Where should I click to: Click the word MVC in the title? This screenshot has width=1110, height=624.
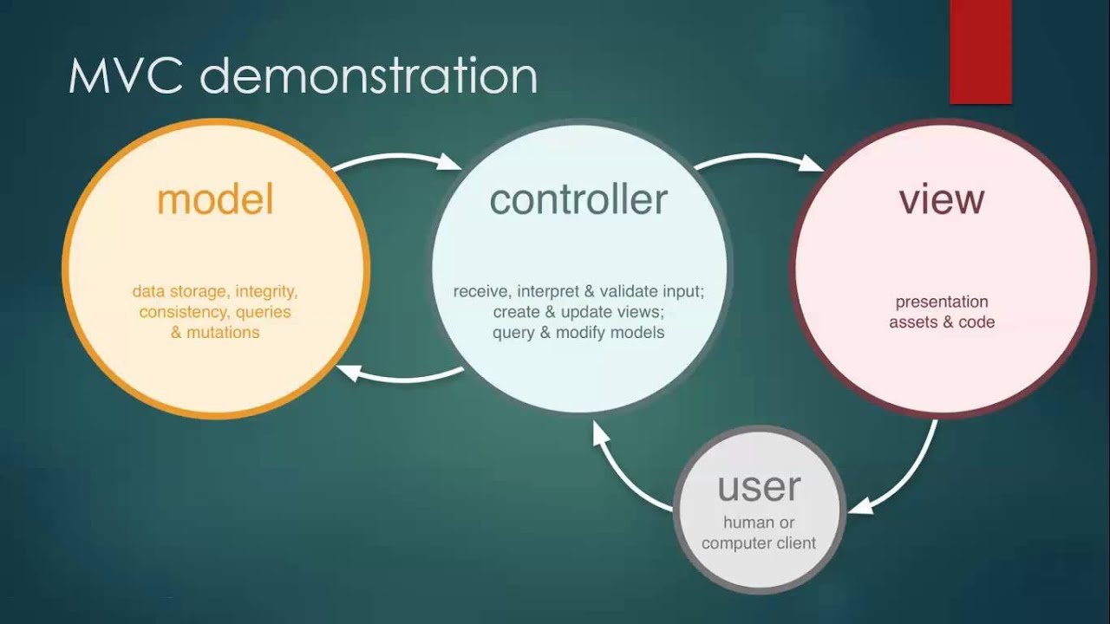pyautogui.click(x=125, y=76)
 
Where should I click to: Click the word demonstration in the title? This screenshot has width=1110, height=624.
pyautogui.click(x=369, y=76)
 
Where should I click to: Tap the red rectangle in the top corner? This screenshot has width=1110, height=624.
pyautogui.click(x=981, y=52)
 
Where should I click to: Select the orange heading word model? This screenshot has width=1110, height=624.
pyautogui.click(x=215, y=200)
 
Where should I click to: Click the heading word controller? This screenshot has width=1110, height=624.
pyautogui.click(x=578, y=200)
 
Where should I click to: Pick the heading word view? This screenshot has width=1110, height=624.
pyautogui.click(x=942, y=200)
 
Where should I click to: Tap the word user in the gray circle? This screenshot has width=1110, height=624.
pyautogui.click(x=759, y=487)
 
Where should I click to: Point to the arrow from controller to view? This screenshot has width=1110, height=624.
pyautogui.click(x=759, y=158)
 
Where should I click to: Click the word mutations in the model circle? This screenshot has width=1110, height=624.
pyautogui.click(x=223, y=332)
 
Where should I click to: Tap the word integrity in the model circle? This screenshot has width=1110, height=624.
pyautogui.click(x=266, y=291)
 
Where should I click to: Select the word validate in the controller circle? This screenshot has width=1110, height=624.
pyautogui.click(x=621, y=291)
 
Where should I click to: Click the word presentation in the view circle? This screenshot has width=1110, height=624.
pyautogui.click(x=942, y=302)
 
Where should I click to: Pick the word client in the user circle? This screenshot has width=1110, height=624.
pyautogui.click(x=794, y=543)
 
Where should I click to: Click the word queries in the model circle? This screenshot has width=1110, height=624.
pyautogui.click(x=263, y=312)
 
